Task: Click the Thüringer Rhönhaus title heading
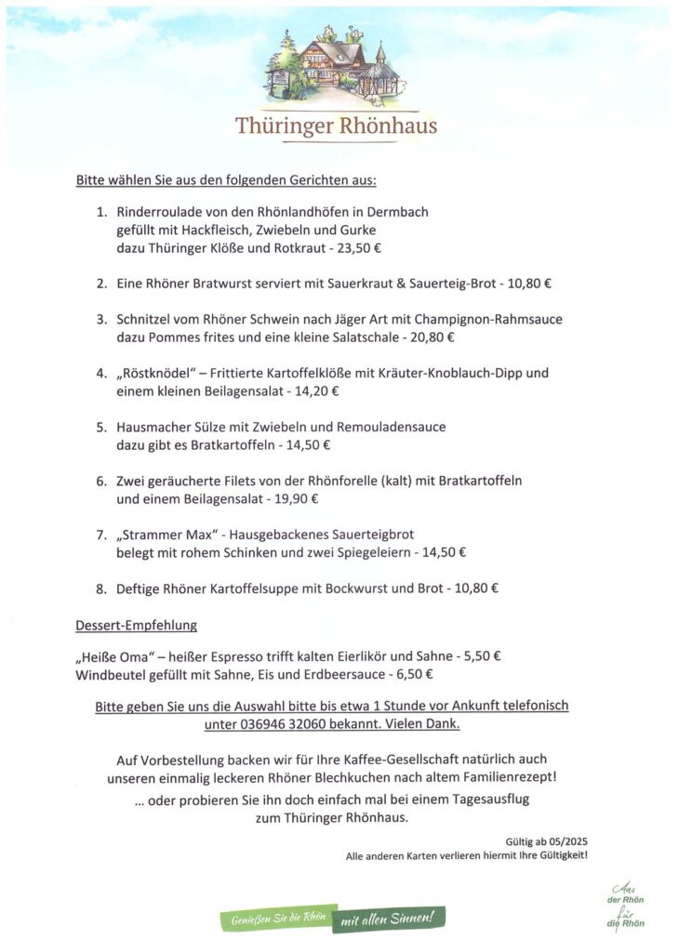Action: pyautogui.click(x=336, y=126)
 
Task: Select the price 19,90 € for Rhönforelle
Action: pyautogui.click(x=296, y=499)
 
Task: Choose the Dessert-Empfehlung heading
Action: pyautogui.click(x=136, y=625)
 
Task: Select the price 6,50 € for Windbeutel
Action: pyautogui.click(x=413, y=674)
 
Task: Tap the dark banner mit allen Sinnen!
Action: pyautogui.click(x=387, y=919)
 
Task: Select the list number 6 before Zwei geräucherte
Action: pyautogui.click(x=101, y=482)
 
